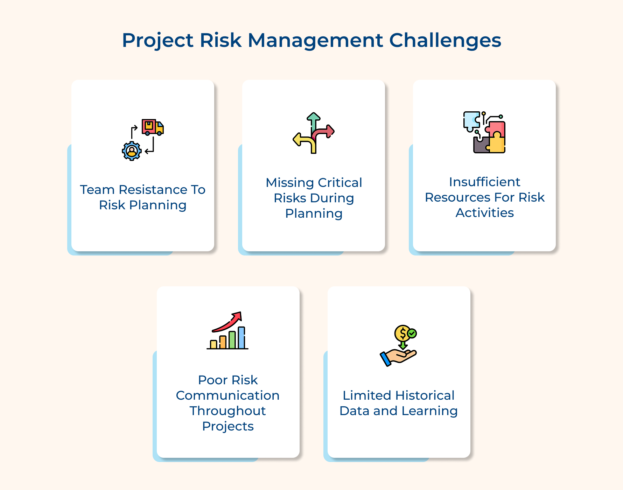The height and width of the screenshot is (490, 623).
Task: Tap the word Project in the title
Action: (157, 40)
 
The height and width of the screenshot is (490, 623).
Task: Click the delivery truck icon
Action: (152, 127)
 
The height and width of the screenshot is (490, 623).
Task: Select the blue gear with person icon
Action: (132, 151)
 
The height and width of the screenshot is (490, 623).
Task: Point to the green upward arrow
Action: (313, 120)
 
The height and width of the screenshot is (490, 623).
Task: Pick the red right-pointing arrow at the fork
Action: (324, 132)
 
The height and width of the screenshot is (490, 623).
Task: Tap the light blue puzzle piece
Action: (471, 120)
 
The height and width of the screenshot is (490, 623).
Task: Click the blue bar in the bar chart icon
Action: (241, 337)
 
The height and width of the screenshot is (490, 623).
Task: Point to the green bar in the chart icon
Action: (232, 340)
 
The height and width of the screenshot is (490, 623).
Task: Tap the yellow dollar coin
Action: (402, 333)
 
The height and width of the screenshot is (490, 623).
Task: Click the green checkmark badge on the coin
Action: (412, 333)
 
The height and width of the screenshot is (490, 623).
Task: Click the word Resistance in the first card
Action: (153, 190)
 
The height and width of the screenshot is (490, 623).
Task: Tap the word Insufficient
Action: (484, 182)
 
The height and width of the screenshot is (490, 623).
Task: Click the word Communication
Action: (227, 395)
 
